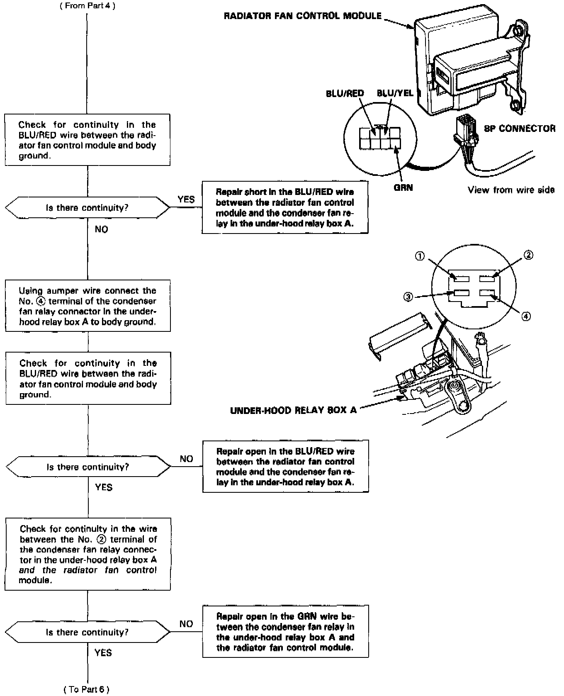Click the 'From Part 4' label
[x=87, y=6]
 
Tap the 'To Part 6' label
[x=87, y=689]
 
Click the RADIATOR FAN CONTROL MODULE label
[x=302, y=16]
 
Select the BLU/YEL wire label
[x=395, y=93]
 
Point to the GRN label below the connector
[x=403, y=187]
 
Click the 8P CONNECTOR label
[x=520, y=129]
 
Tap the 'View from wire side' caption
[x=511, y=190]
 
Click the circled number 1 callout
[x=420, y=256]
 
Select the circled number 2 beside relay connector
[x=528, y=255]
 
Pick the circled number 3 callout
[x=408, y=297]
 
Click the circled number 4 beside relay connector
[x=525, y=316]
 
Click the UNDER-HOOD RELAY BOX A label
[x=293, y=410]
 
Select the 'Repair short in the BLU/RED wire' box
[x=285, y=208]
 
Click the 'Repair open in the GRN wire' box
[x=285, y=631]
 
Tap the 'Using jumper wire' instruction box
[x=88, y=306]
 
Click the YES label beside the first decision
[x=186, y=200]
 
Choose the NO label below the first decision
[x=101, y=229]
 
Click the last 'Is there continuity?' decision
[x=87, y=632]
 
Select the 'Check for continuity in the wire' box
[x=88, y=554]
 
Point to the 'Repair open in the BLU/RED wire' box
[x=285, y=466]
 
